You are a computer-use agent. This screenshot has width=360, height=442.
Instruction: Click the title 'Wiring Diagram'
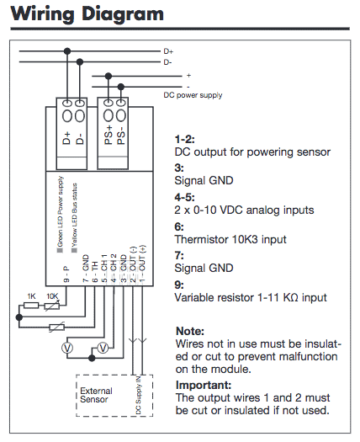(x=87, y=13)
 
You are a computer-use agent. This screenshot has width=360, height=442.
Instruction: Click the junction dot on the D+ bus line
(x=67, y=51)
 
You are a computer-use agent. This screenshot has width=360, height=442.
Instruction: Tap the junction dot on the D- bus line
(x=80, y=61)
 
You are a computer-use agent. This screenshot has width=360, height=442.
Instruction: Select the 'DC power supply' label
(x=193, y=95)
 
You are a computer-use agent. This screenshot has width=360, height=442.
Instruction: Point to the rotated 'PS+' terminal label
(x=109, y=136)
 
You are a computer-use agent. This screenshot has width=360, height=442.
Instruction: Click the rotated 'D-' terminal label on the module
(x=80, y=139)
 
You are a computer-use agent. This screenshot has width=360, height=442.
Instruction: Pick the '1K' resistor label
(x=32, y=296)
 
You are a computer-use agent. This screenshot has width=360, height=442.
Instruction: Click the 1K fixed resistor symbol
(x=31, y=306)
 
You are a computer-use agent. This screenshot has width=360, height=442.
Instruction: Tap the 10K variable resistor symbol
(x=52, y=306)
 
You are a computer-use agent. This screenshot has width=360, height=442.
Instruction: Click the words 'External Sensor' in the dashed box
(x=96, y=395)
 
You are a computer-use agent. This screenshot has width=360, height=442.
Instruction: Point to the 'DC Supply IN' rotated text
(x=139, y=395)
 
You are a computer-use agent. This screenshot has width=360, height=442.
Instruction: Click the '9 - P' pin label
(x=66, y=274)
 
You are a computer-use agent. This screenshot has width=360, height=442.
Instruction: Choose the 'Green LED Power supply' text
(x=60, y=211)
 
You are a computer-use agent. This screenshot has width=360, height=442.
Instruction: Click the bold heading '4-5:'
(x=184, y=197)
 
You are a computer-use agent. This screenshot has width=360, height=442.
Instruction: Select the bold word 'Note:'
(x=190, y=331)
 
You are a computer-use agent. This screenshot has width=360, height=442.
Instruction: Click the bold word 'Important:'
(x=204, y=385)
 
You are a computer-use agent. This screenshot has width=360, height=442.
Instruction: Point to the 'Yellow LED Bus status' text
(x=75, y=216)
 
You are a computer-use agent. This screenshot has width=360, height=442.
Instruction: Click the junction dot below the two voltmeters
(x=92, y=359)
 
